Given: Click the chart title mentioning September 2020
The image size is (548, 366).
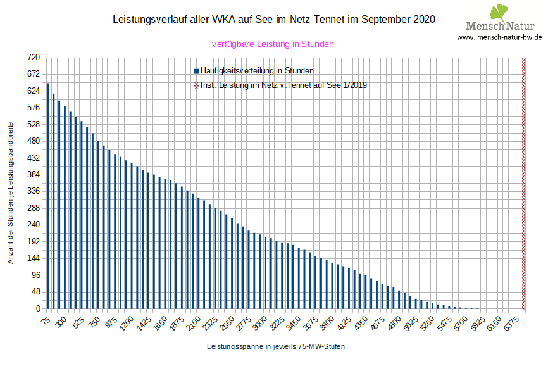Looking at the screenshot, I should [x=273, y=20].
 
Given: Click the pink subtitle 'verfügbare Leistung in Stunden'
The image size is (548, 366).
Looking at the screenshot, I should [x=273, y=44].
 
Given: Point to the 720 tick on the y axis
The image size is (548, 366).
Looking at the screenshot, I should [x=34, y=58].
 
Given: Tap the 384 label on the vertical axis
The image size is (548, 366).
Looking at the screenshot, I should [x=34, y=174].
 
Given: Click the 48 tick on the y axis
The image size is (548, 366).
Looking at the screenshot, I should [x=35, y=292].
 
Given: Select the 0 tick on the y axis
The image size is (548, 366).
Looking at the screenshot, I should [x=37, y=308].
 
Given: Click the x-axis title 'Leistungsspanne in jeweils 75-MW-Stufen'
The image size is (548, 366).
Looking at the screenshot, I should [x=276, y=347].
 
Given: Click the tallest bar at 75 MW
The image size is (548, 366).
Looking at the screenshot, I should [x=47, y=196].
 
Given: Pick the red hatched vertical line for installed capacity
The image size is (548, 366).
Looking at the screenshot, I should [x=523, y=183].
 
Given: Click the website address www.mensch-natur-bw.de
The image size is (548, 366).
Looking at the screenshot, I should [x=499, y=37].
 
